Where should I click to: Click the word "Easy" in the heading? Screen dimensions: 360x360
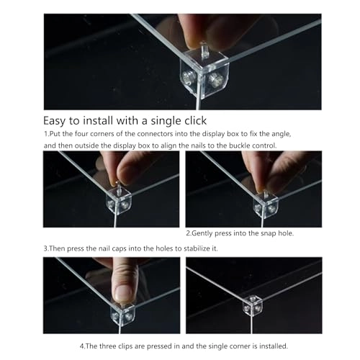click(x=54, y=121)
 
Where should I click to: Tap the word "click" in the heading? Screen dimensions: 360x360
click(x=195, y=120)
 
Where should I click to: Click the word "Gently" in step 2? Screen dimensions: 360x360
click(x=202, y=233)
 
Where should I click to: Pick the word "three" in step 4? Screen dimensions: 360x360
click(x=108, y=346)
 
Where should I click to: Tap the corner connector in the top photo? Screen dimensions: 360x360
click(x=204, y=73)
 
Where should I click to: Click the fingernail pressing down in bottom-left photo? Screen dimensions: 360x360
click(x=122, y=293)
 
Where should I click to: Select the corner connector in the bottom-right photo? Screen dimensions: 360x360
click(x=253, y=305)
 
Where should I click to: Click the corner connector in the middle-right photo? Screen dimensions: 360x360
click(x=266, y=204)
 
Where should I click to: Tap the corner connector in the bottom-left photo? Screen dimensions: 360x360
click(x=122, y=314)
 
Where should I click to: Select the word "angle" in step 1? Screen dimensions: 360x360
click(x=282, y=134)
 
